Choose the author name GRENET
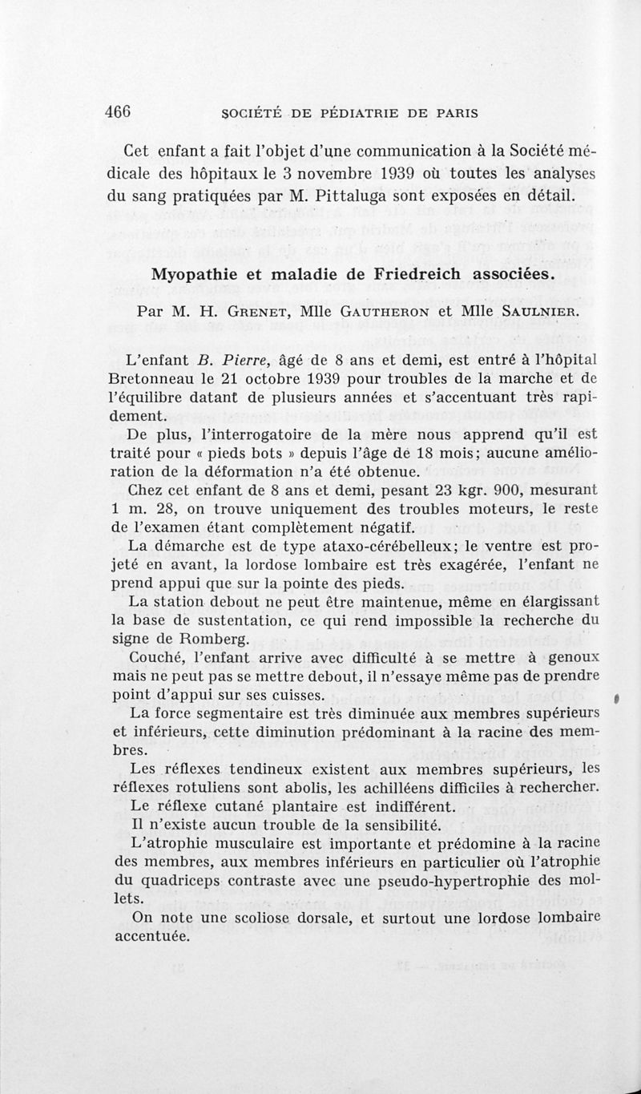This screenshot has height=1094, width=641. pyautogui.click(x=244, y=310)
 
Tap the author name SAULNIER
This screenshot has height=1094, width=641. pyautogui.click(x=528, y=310)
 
